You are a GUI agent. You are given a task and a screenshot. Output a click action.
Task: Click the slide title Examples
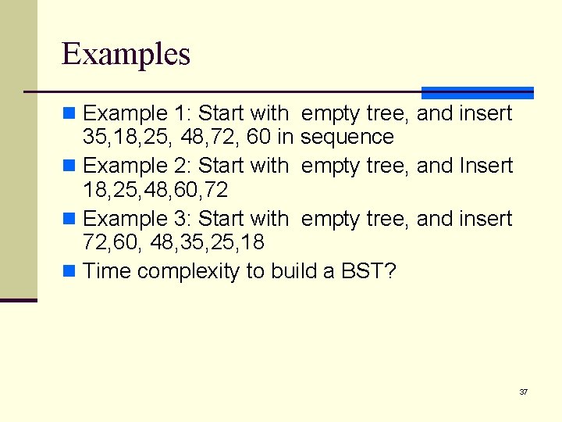[x=126, y=54]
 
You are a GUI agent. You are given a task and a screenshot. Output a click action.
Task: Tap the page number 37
[x=523, y=392]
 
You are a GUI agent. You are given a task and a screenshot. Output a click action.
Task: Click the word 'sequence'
[x=347, y=138]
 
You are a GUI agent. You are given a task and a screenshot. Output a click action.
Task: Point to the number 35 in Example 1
[x=94, y=138]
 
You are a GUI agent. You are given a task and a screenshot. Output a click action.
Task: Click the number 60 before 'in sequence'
[x=258, y=138]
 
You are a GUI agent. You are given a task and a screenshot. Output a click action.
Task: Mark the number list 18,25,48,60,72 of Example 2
[x=155, y=190]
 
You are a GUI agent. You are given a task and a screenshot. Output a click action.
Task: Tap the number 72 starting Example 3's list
[x=94, y=242]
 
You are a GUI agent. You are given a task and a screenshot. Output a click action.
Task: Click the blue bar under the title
[x=477, y=92]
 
